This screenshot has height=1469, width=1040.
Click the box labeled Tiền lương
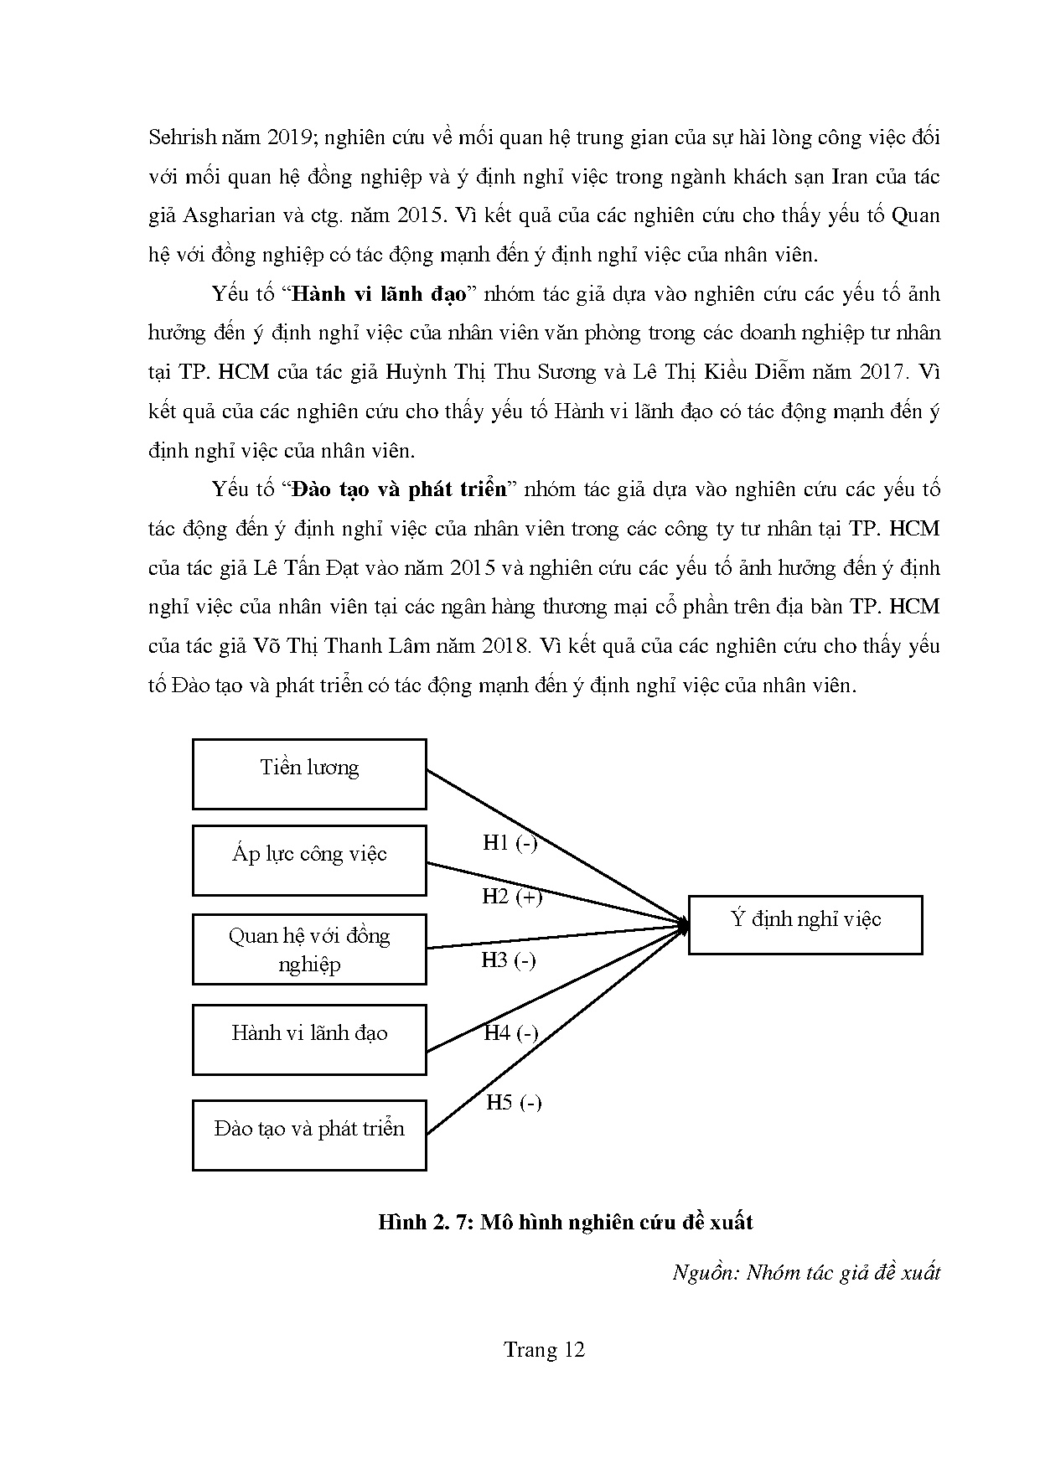coord(309,773)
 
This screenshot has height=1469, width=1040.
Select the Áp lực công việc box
coord(309,860)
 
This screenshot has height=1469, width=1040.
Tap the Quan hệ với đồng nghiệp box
coord(309,949)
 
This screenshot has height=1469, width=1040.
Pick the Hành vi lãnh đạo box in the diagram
coord(309,1039)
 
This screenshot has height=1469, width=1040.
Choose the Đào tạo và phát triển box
coord(309,1135)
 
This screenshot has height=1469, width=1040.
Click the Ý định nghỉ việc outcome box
coord(805,924)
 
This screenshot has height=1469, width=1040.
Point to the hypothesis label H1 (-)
coord(510,843)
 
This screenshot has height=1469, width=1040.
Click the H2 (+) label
coord(511,897)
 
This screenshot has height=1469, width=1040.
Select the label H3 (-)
coord(508,960)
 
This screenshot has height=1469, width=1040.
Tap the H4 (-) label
coord(510,1033)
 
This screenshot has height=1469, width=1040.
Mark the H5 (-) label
coord(514,1103)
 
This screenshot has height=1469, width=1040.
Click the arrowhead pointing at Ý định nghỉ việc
coord(683,925)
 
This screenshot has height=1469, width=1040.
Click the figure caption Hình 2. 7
coord(565,1223)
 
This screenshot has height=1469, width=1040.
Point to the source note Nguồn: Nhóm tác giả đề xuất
coord(806,1273)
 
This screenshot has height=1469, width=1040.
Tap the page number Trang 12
coord(543,1350)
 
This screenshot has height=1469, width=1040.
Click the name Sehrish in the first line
coord(179,137)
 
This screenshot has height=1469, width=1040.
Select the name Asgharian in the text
coord(228,215)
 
